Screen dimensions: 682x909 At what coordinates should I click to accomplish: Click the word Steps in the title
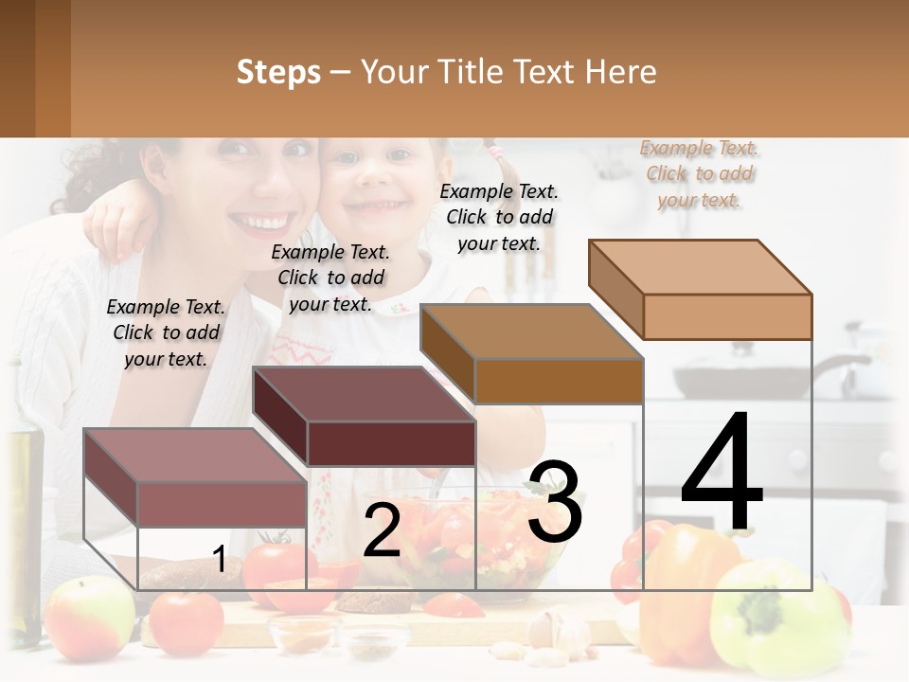tap(278, 72)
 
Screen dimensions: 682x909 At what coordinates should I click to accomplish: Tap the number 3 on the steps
tap(554, 502)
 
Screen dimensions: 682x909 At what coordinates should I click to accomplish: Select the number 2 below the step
tap(382, 531)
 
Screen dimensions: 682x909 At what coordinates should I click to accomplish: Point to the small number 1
tap(219, 560)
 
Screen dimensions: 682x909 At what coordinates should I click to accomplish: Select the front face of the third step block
tap(559, 381)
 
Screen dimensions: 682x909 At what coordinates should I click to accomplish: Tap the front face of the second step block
tap(391, 443)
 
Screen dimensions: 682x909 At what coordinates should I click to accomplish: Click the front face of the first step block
tap(222, 504)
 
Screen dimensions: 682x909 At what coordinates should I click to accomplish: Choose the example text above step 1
tap(166, 332)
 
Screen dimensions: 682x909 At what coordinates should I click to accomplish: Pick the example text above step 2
tap(330, 278)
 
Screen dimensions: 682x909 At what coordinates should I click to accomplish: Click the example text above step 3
tap(499, 217)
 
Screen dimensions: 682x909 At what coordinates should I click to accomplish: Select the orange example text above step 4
tap(700, 173)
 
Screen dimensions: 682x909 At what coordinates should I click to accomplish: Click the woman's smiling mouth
tap(258, 224)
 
